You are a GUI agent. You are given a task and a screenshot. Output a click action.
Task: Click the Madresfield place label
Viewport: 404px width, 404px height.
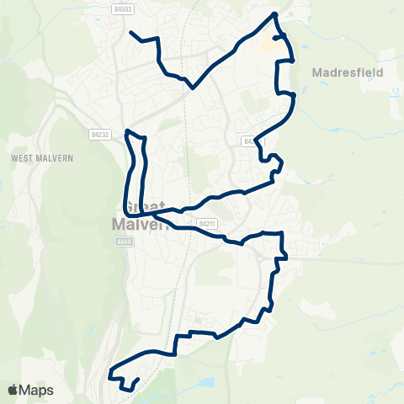[x=347, y=72]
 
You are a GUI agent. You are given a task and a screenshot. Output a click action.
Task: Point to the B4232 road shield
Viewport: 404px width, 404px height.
[x=99, y=134]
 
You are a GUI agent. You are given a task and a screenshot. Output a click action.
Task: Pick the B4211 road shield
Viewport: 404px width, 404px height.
[x=207, y=223]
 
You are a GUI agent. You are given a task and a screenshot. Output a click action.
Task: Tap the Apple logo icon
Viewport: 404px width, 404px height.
[x=13, y=391]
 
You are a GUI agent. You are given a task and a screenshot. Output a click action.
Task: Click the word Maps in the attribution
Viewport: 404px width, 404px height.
[x=36, y=391]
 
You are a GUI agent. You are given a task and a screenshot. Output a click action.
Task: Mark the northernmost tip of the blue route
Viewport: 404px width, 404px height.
[x=274, y=14]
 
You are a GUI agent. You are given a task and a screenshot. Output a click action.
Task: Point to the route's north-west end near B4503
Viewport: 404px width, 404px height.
[x=131, y=33]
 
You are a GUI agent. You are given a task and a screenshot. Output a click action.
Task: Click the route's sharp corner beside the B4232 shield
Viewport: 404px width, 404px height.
[x=126, y=131]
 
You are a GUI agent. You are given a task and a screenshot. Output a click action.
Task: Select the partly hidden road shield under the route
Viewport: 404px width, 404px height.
[x=248, y=141]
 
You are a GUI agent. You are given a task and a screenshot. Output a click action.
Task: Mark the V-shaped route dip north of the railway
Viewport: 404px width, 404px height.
[x=194, y=85]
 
